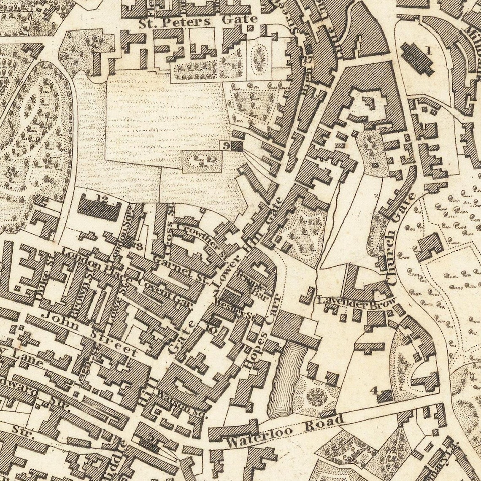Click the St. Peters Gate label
198,21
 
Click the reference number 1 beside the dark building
429,51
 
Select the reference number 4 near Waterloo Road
373,390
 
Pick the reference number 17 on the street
307,59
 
